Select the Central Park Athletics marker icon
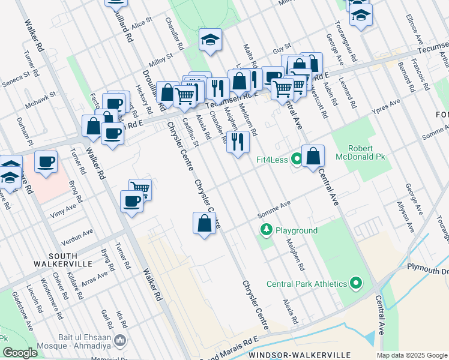coord(356,283)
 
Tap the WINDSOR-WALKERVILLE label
coord(288,355)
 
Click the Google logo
coord(19,353)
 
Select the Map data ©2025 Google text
coord(412,355)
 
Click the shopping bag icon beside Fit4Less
coord(313,157)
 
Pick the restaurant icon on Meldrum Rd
coord(238,142)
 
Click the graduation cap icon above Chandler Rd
coord(210,40)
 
